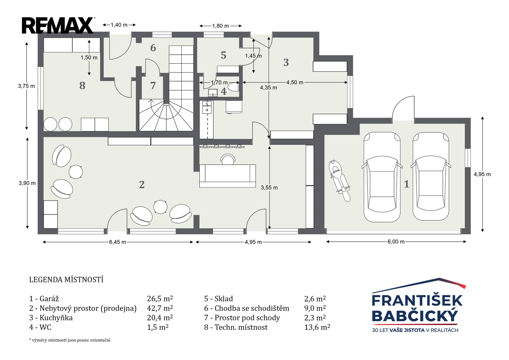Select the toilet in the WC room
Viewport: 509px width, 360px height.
pyautogui.click(x=233, y=87)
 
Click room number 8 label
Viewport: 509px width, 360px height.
pyautogui.click(x=82, y=86)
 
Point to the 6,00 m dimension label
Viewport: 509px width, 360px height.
pyautogui.click(x=396, y=242)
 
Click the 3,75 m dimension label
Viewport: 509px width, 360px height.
pyautogui.click(x=27, y=86)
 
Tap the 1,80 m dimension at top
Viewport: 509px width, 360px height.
pyautogui.click(x=220, y=26)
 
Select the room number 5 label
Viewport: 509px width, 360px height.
pyautogui.click(x=224, y=55)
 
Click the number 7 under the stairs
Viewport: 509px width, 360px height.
pyautogui.click(x=153, y=85)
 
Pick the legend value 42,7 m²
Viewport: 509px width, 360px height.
pyautogui.click(x=160, y=308)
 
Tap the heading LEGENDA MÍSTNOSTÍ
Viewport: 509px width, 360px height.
pyautogui.click(x=66, y=280)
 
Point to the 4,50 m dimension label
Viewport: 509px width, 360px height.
pyautogui.click(x=295, y=82)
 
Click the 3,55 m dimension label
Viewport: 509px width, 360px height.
pyautogui.click(x=269, y=187)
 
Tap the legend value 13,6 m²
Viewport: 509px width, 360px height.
pyautogui.click(x=317, y=327)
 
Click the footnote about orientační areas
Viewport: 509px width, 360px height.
pyautogui.click(x=70, y=340)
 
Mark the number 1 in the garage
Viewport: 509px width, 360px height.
pyautogui.click(x=407, y=184)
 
